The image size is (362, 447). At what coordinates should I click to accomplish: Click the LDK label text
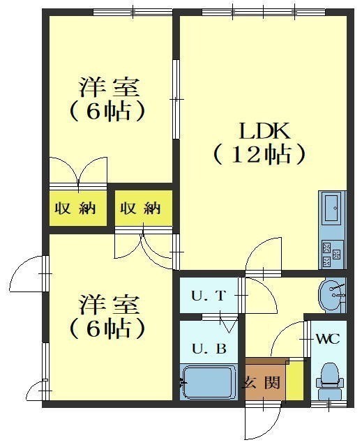tap(264, 131)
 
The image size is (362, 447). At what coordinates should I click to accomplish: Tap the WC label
tap(328, 339)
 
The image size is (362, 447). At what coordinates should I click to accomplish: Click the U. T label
tap(209, 296)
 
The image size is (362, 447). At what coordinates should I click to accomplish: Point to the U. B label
tap(209, 349)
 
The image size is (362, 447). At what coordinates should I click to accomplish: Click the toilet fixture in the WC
tap(329, 381)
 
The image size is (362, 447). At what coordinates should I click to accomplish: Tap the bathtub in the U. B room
tap(209, 383)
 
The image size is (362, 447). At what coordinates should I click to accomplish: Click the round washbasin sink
tap(331, 295)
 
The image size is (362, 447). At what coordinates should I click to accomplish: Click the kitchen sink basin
tap(331, 208)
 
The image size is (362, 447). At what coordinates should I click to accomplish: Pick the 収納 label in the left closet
tap(75, 209)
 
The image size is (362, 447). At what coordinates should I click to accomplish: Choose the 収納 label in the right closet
tap(140, 209)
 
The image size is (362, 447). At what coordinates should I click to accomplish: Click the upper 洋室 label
tap(110, 88)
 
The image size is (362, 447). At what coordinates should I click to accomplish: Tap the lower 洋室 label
tap(110, 305)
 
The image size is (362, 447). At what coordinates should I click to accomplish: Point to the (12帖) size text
tap(259, 155)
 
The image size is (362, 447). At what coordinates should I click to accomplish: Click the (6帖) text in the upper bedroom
tap(107, 112)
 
